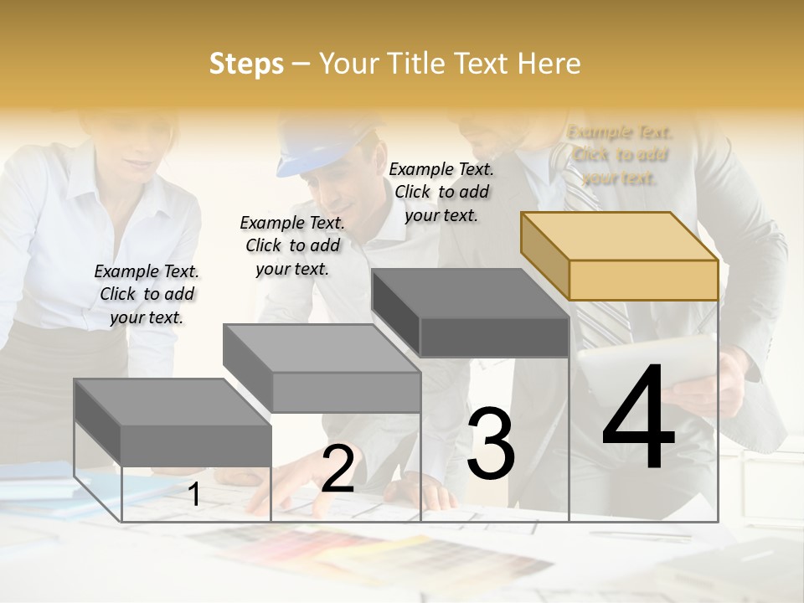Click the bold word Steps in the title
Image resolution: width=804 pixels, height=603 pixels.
click(x=246, y=64)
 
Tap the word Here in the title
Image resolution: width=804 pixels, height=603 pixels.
click(x=548, y=64)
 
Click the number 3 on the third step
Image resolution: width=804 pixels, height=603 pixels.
click(x=490, y=444)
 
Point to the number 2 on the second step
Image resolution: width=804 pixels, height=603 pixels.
click(x=338, y=469)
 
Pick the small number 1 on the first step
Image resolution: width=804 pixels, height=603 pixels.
click(x=193, y=494)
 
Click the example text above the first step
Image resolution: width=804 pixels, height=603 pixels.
click(x=147, y=294)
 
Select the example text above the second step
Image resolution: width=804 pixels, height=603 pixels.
click(x=291, y=245)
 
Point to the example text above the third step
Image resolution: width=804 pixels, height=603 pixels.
click(x=441, y=192)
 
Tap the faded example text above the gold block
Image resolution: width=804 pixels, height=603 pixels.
click(x=620, y=155)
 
